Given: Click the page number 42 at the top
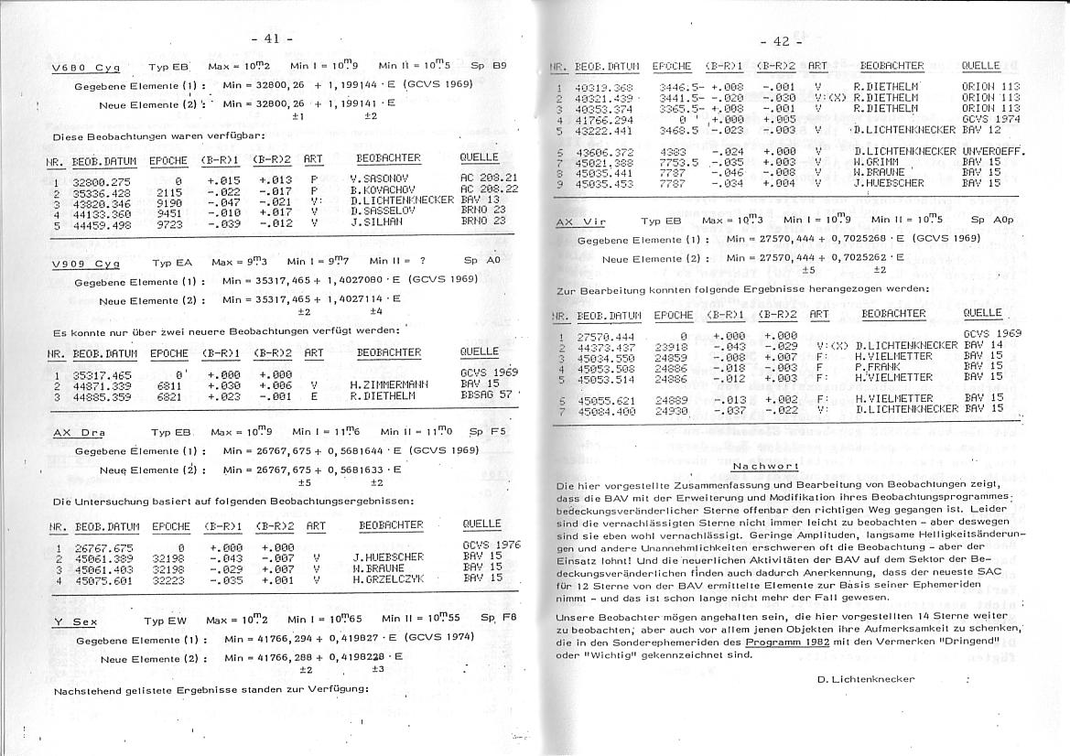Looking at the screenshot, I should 781,41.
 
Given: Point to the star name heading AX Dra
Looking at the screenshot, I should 80,432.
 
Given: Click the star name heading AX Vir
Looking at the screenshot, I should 581,221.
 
